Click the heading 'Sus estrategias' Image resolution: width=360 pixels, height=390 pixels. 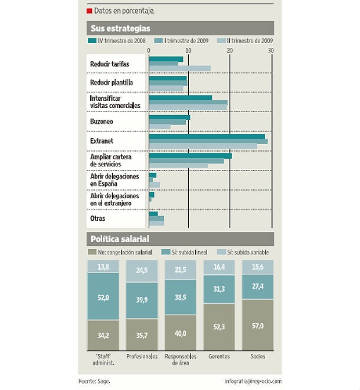(120, 28)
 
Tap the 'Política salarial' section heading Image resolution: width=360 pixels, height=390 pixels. (119, 239)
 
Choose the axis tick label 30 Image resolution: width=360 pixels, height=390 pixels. (271, 51)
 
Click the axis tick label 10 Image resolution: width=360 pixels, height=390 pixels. (189, 51)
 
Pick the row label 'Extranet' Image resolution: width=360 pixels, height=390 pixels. (102, 141)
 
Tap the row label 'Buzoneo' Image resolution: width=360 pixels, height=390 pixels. (102, 121)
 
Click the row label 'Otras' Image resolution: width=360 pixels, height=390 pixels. (98, 218)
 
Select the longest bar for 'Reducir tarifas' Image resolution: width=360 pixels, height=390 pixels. (179, 68)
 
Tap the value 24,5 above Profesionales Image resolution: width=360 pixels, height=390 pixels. (142, 271)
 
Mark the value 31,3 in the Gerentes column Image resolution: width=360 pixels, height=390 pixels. (219, 289)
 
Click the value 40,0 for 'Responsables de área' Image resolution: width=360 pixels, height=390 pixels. (180, 333)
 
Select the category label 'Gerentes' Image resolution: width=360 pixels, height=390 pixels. (219, 356)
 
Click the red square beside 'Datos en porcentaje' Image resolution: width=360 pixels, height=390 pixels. (89, 11)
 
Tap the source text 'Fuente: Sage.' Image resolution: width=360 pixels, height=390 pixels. (95, 381)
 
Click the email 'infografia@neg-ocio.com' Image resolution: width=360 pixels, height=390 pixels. (253, 381)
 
